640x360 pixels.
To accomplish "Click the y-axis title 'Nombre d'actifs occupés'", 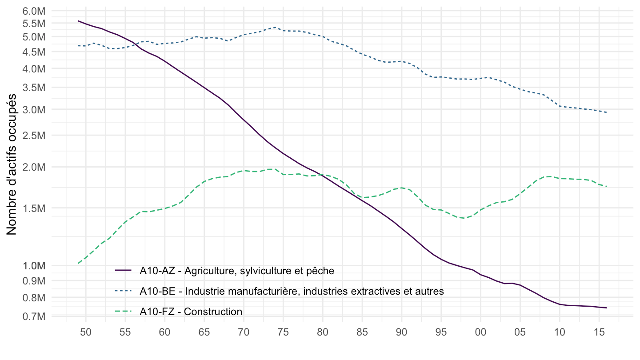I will tap(12, 164).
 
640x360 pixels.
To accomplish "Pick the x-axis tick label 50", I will tap(86, 332).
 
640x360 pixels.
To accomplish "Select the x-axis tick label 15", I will tap(599, 332).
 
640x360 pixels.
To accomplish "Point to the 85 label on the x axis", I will tap(362, 332).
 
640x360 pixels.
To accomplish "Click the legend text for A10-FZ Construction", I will tap(191, 312).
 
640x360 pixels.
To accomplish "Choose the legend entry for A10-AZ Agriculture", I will tap(236, 270).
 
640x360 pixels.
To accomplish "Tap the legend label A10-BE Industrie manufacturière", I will tap(292, 291).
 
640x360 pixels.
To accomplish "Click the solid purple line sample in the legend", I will tap(124, 270).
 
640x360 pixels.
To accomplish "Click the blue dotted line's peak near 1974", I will tap(275, 28).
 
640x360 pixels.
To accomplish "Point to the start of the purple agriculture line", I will tap(78, 21).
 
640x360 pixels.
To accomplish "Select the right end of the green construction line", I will tap(607, 186).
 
